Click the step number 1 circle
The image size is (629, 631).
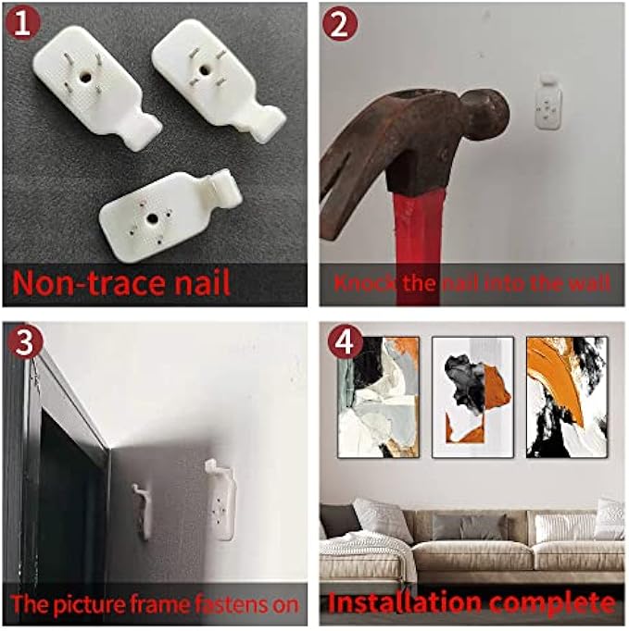pos(22,23)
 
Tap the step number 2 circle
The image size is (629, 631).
pos(340,24)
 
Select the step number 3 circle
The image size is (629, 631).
pos(25,343)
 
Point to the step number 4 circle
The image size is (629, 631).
pos(345,342)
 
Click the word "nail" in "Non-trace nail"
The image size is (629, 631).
pos(198,282)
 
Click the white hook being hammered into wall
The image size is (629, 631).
pos(548,102)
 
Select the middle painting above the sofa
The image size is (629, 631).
pos(472,397)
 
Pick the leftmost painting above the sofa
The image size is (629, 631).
pos(378,397)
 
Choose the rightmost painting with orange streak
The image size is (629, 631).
pos(567,397)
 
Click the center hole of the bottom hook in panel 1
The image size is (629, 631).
pos(152,219)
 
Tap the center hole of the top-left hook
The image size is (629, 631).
pos(85,77)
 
